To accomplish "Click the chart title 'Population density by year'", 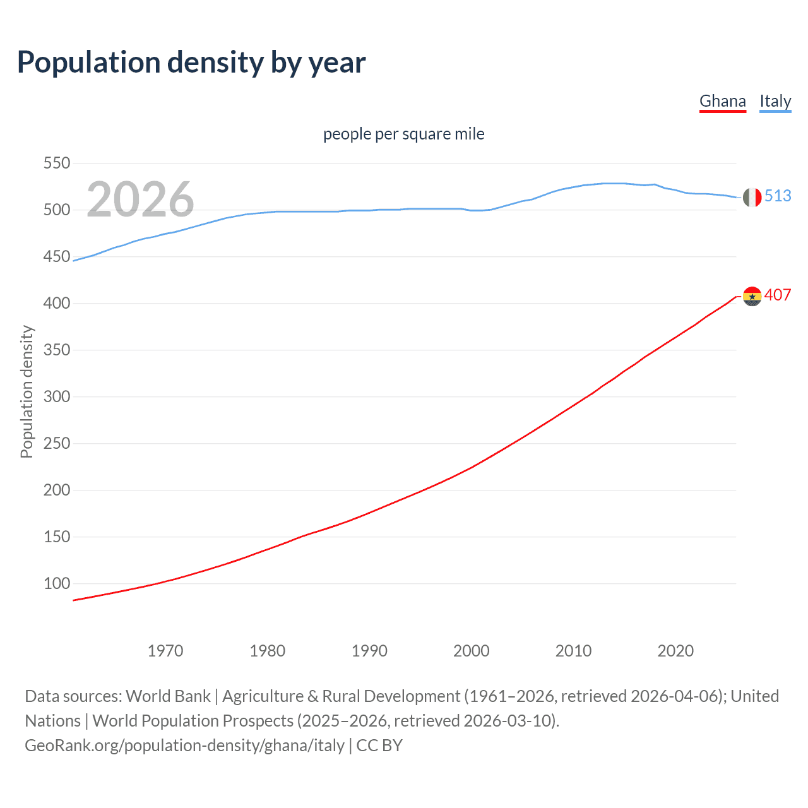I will click(191, 62).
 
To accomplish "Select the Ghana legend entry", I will click(723, 101).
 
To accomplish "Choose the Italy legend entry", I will click(775, 101).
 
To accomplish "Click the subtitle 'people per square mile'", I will click(404, 134).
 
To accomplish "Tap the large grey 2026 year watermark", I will click(140, 199).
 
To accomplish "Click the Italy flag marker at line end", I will click(752, 197).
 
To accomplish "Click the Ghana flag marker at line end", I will click(752, 296).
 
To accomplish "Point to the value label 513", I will click(778, 196).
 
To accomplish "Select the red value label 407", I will click(778, 295).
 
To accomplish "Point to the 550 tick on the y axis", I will click(57, 163).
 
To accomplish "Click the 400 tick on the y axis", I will click(57, 304).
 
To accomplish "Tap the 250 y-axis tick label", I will click(57, 444).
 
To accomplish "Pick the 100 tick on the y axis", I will click(57, 584).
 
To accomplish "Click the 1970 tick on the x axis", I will click(165, 651).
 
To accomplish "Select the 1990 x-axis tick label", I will click(369, 651).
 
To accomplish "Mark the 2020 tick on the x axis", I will click(675, 651).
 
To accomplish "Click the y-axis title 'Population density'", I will click(27, 391).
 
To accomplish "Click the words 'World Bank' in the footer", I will click(168, 696).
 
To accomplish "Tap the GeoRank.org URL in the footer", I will click(184, 746).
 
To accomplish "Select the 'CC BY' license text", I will click(379, 746).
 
